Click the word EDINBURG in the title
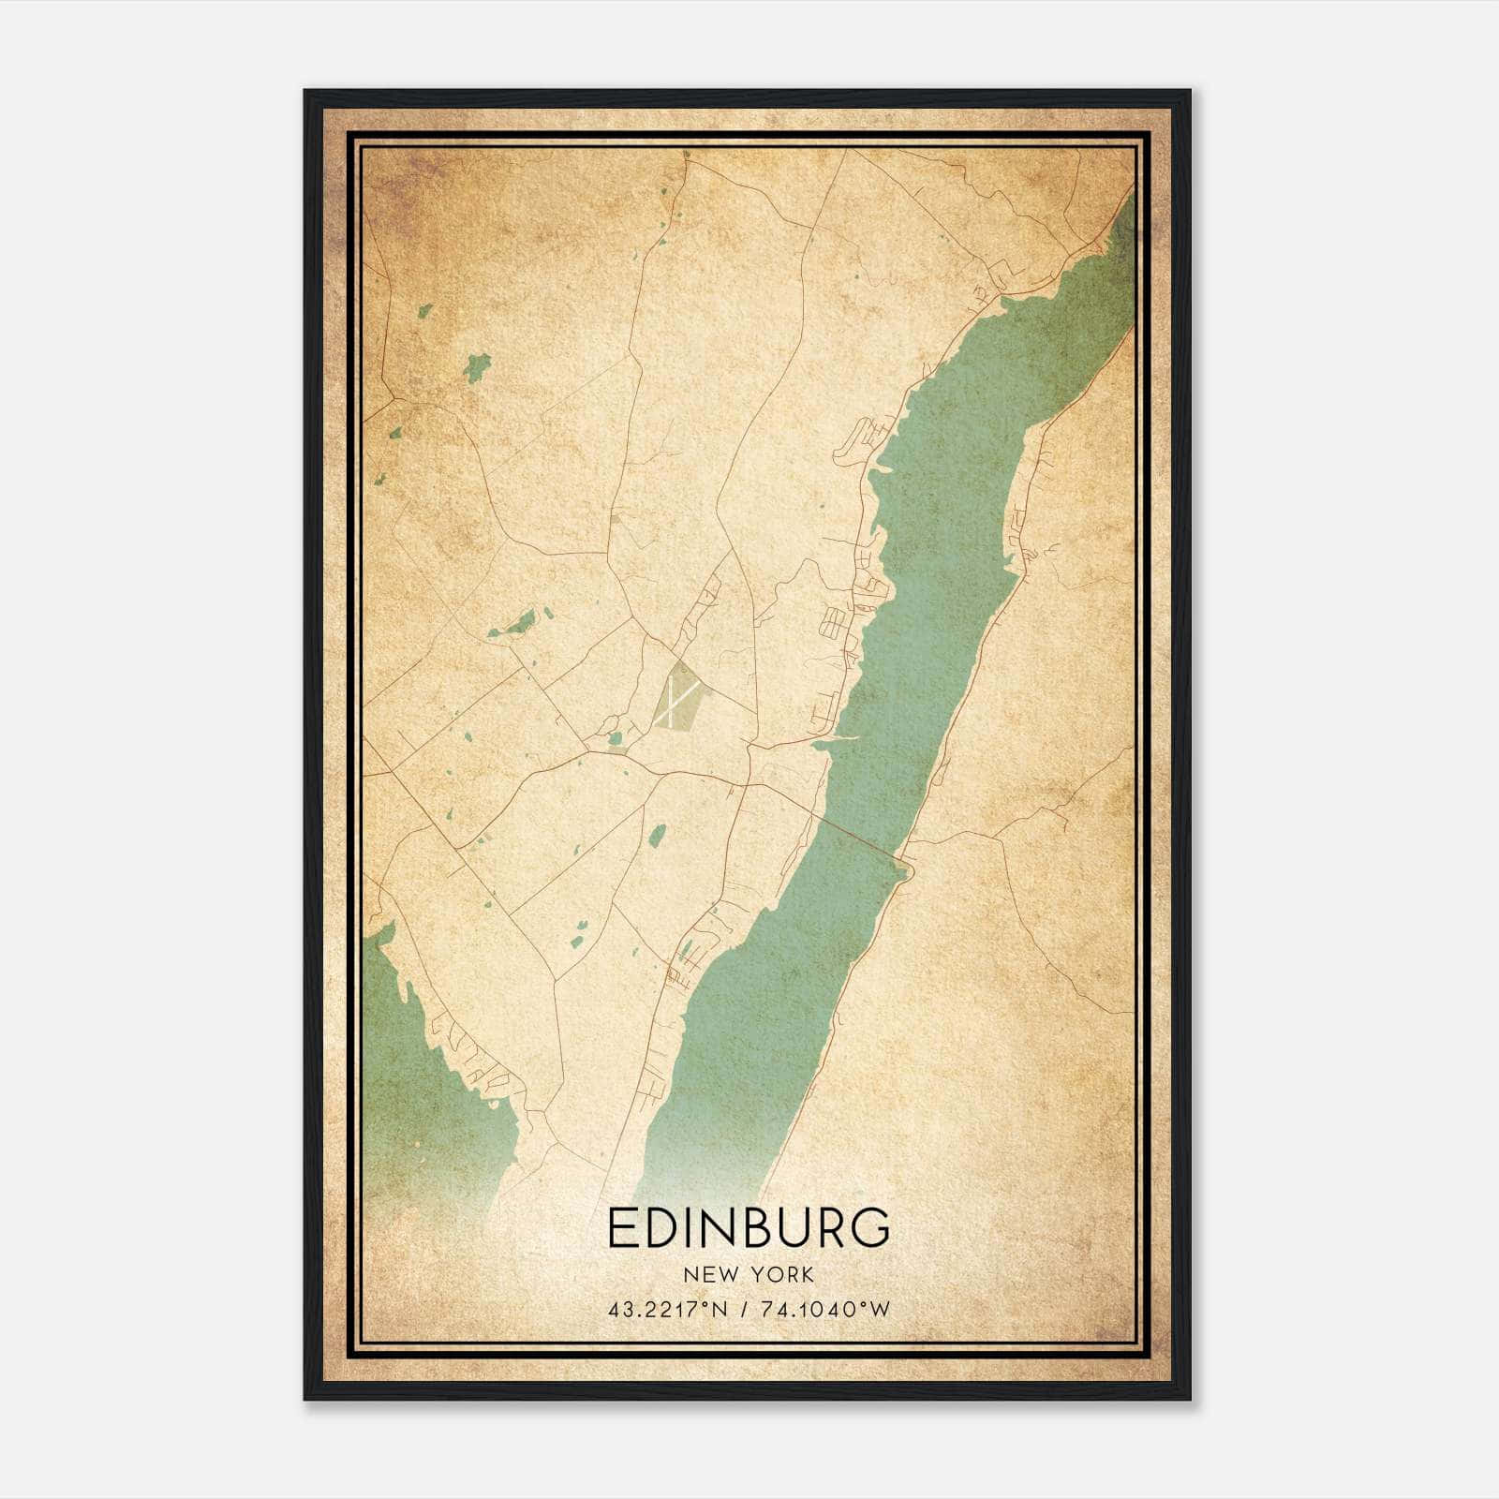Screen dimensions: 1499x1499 [749, 1228]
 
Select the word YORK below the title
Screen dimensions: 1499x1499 [781, 1275]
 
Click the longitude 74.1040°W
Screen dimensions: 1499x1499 [825, 1310]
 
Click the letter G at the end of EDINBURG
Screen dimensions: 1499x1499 [871, 1228]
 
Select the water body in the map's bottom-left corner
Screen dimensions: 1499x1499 [422, 1077]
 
